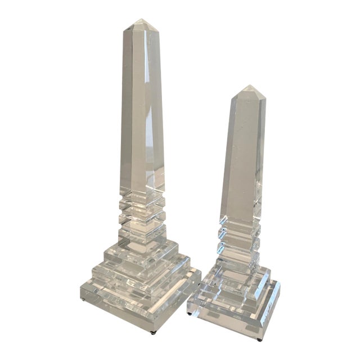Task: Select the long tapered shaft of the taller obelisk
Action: coord(142,112)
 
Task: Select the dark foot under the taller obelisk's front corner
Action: coord(156,333)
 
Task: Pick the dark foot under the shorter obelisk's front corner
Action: coord(259,339)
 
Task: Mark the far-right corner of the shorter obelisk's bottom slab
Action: coord(280,284)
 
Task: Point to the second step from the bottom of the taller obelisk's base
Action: coord(141,281)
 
